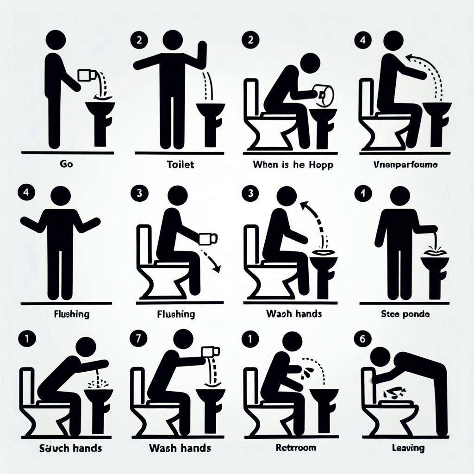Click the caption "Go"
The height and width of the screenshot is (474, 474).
tap(63, 164)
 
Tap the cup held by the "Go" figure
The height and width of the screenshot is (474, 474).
tap(86, 75)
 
